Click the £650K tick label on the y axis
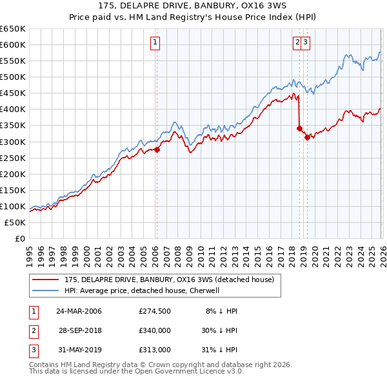tap(13, 29)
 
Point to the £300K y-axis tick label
tap(13, 142)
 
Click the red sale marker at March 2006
tap(157, 149)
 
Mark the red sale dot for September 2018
tap(299, 128)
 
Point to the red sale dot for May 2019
tap(307, 137)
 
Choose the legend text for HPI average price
tap(143, 290)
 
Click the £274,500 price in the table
tap(154, 311)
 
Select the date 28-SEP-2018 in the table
tap(81, 330)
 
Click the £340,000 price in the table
tap(154, 330)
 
